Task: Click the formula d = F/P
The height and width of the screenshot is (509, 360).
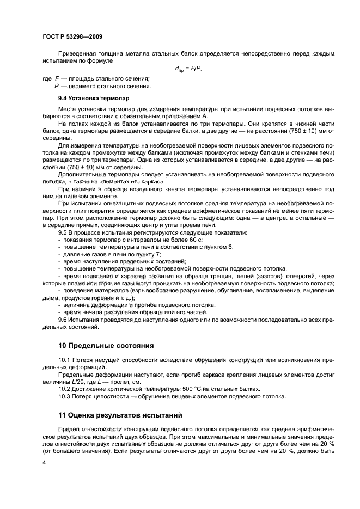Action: (x=188, y=69)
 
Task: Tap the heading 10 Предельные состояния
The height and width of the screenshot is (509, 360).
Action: (x=106, y=345)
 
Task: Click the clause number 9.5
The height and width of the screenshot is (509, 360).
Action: (x=63, y=232)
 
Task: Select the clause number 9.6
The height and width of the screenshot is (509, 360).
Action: (x=63, y=320)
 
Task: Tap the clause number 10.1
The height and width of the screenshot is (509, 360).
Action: (x=65, y=360)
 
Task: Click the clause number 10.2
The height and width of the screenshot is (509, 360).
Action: (x=65, y=388)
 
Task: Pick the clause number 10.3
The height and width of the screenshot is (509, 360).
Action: (x=65, y=396)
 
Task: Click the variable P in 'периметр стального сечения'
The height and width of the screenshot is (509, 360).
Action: (x=56, y=86)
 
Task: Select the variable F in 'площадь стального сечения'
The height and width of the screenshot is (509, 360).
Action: (x=56, y=79)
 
